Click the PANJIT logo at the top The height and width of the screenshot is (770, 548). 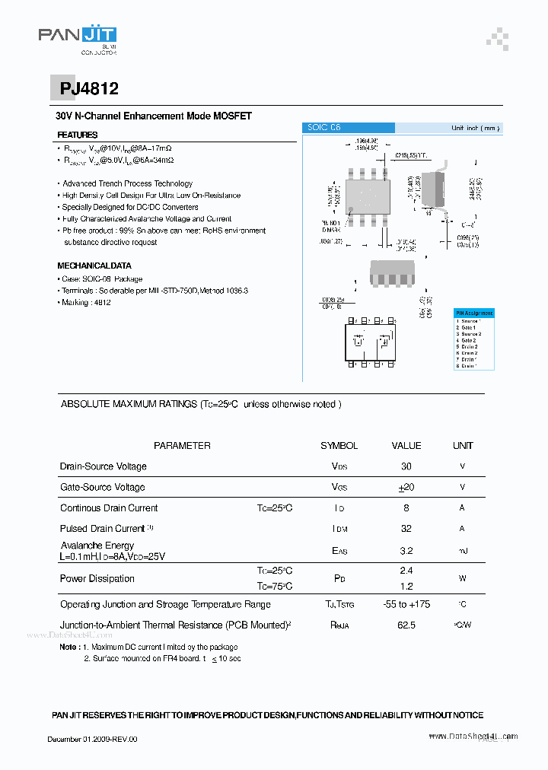click(x=78, y=37)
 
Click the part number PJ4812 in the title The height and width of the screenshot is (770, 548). click(x=89, y=89)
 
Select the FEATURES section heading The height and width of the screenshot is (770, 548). click(x=78, y=135)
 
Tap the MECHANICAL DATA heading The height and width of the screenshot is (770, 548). click(x=94, y=266)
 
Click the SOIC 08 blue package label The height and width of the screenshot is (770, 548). click(x=323, y=128)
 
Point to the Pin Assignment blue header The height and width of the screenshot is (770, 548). click(x=474, y=313)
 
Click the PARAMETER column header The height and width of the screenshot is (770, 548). click(x=182, y=446)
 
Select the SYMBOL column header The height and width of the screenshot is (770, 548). click(x=339, y=446)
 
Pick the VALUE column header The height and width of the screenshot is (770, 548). click(x=406, y=446)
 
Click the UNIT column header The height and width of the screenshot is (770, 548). click(x=463, y=446)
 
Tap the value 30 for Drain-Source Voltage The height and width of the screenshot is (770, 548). click(x=406, y=466)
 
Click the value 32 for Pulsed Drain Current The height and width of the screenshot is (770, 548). click(x=406, y=529)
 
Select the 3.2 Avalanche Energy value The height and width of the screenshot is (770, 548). click(x=406, y=551)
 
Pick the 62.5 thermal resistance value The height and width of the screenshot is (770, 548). click(x=406, y=625)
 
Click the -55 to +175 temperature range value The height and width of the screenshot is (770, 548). click(x=406, y=605)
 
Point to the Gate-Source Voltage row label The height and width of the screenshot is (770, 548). click(x=102, y=487)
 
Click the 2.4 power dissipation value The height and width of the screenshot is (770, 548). click(x=406, y=571)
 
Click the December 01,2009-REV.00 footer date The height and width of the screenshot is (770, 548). click(x=93, y=739)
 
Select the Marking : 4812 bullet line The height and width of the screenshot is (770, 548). click(x=86, y=303)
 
